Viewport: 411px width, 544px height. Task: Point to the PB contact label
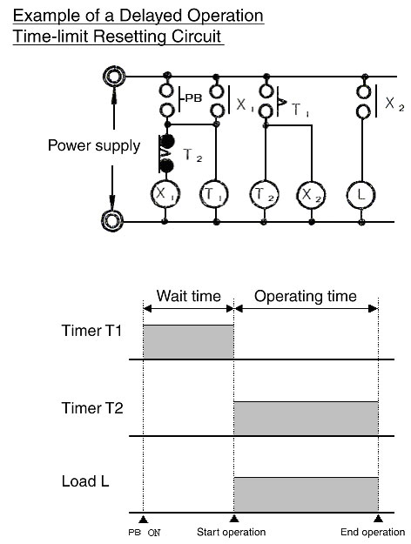[193, 98]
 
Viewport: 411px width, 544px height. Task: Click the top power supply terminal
[114, 76]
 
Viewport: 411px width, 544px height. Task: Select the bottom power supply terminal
[112, 221]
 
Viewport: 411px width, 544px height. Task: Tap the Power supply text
[94, 145]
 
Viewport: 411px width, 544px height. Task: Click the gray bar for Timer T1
[188, 342]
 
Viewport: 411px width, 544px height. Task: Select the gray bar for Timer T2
[307, 419]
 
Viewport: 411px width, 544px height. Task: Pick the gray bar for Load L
[307, 494]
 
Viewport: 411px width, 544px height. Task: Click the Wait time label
[188, 296]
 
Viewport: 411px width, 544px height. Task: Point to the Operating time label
[306, 297]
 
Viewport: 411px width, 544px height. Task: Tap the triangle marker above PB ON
[143, 519]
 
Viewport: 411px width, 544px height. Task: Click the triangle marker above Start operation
[234, 519]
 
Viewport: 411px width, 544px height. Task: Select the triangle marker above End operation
[378, 519]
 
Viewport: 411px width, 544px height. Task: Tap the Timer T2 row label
[92, 408]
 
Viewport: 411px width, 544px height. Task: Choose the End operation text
[373, 532]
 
